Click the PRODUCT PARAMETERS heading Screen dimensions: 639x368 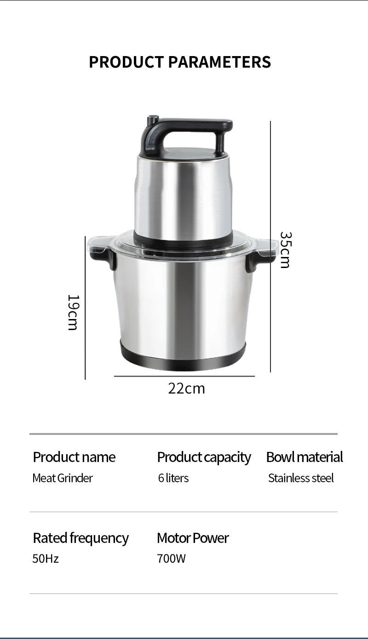180,62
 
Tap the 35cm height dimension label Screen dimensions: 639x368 285,250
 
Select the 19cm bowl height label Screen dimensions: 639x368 73,313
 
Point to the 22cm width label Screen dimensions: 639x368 186,388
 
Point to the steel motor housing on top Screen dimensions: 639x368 183,195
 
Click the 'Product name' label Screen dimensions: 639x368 74,457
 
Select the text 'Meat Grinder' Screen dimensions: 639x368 63,478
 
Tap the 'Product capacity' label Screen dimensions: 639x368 204,457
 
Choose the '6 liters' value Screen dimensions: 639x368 173,478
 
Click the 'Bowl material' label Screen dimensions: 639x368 305,457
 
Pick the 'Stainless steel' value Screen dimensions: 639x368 301,478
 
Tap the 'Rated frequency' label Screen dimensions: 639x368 81,538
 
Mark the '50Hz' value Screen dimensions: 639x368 46,559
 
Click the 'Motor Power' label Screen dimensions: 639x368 193,538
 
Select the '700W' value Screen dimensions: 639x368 171,559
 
